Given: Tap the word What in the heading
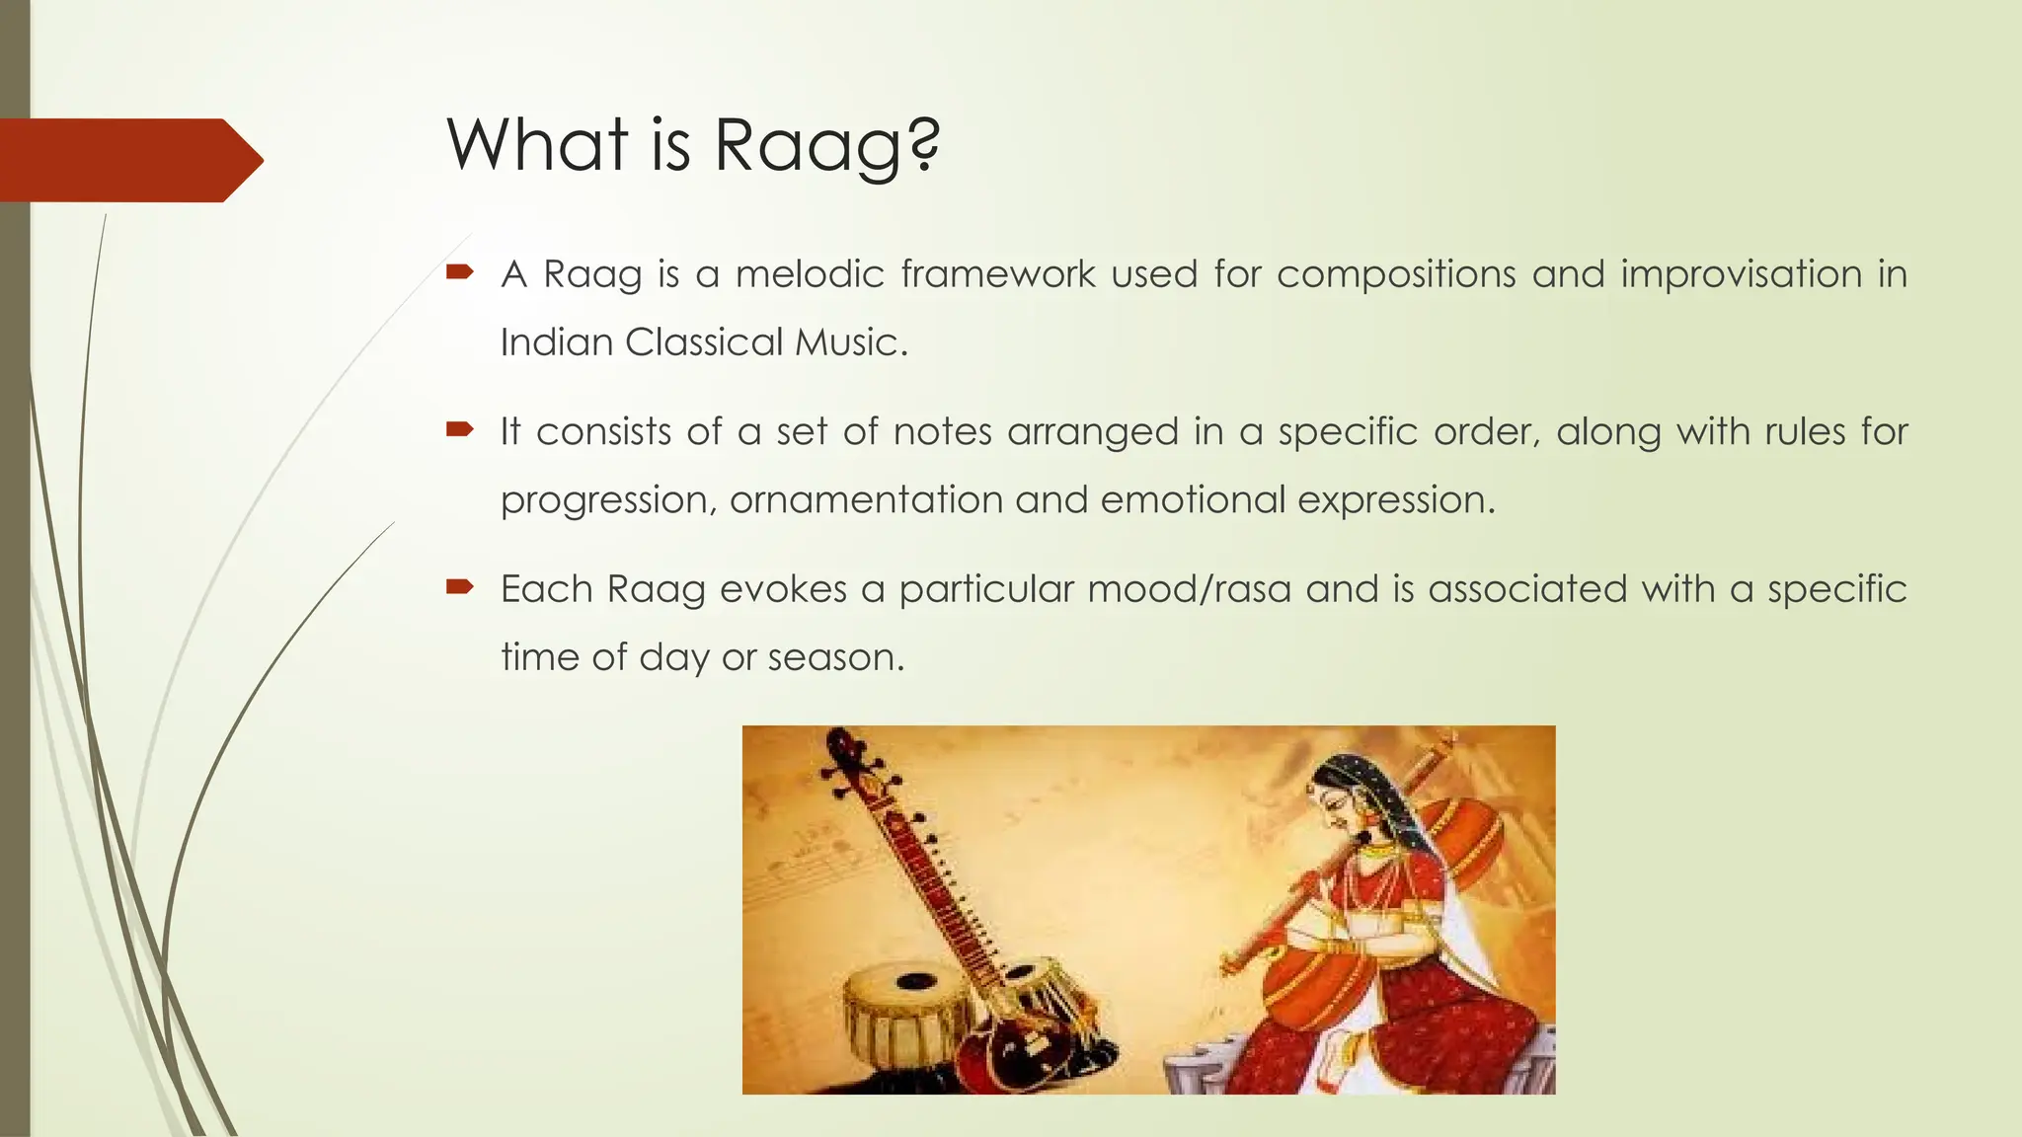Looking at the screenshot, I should click(537, 144).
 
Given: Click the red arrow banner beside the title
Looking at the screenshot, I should click(128, 160).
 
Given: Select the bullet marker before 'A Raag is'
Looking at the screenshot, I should click(460, 271).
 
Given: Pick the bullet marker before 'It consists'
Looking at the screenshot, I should click(460, 428).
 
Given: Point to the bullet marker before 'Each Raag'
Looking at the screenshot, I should click(460, 586).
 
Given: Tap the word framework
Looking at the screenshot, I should click(997, 273).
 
